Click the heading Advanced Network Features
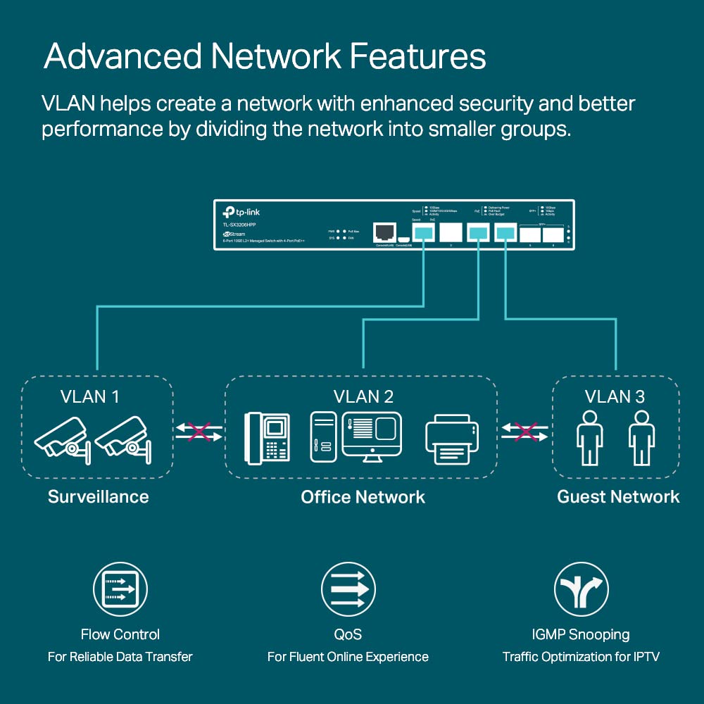pos(265,56)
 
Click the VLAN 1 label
pos(89,396)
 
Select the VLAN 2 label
pos(363,396)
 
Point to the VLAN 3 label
pos(615,396)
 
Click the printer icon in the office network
pos(452,440)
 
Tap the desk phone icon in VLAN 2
pos(268,436)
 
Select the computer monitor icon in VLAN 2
pos(372,436)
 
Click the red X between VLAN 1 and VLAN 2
pos(199,431)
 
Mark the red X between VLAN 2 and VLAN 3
pos(524,431)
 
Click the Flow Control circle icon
pos(120,590)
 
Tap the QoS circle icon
pos(348,590)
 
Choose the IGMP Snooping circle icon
pos(581,590)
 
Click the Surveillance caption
pos(98,496)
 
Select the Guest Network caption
pos(618,496)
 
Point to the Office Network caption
pos(363,496)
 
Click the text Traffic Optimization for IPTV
pos(581,657)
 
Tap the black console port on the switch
pos(384,232)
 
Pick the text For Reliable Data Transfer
pos(120,657)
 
